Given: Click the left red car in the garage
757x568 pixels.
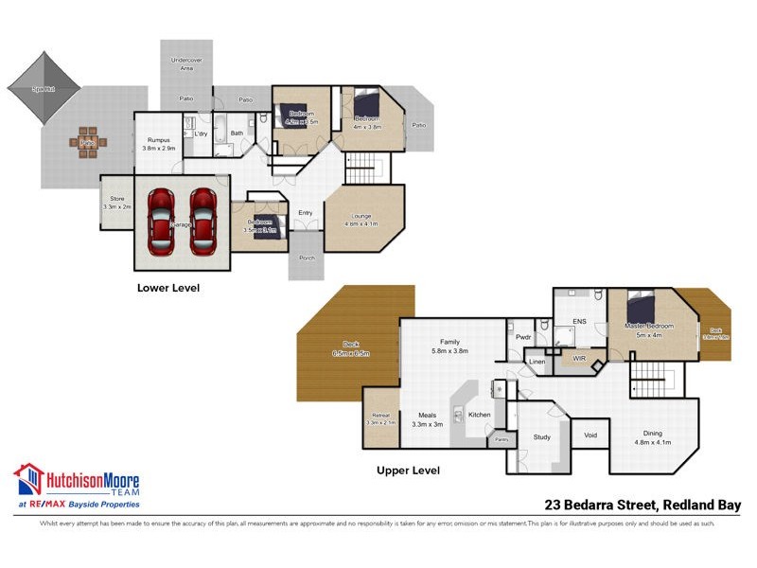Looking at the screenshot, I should click(x=162, y=222).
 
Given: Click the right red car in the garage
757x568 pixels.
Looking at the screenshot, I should click(x=203, y=222).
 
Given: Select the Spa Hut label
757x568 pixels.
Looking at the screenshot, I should click(x=42, y=89).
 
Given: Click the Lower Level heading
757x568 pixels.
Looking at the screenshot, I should click(x=168, y=287).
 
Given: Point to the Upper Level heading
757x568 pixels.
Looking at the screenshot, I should click(x=408, y=470).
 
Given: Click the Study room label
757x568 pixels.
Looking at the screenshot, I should click(x=541, y=437).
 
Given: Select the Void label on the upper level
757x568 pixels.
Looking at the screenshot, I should click(x=590, y=435).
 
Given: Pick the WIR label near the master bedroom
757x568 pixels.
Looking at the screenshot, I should click(x=576, y=359).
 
